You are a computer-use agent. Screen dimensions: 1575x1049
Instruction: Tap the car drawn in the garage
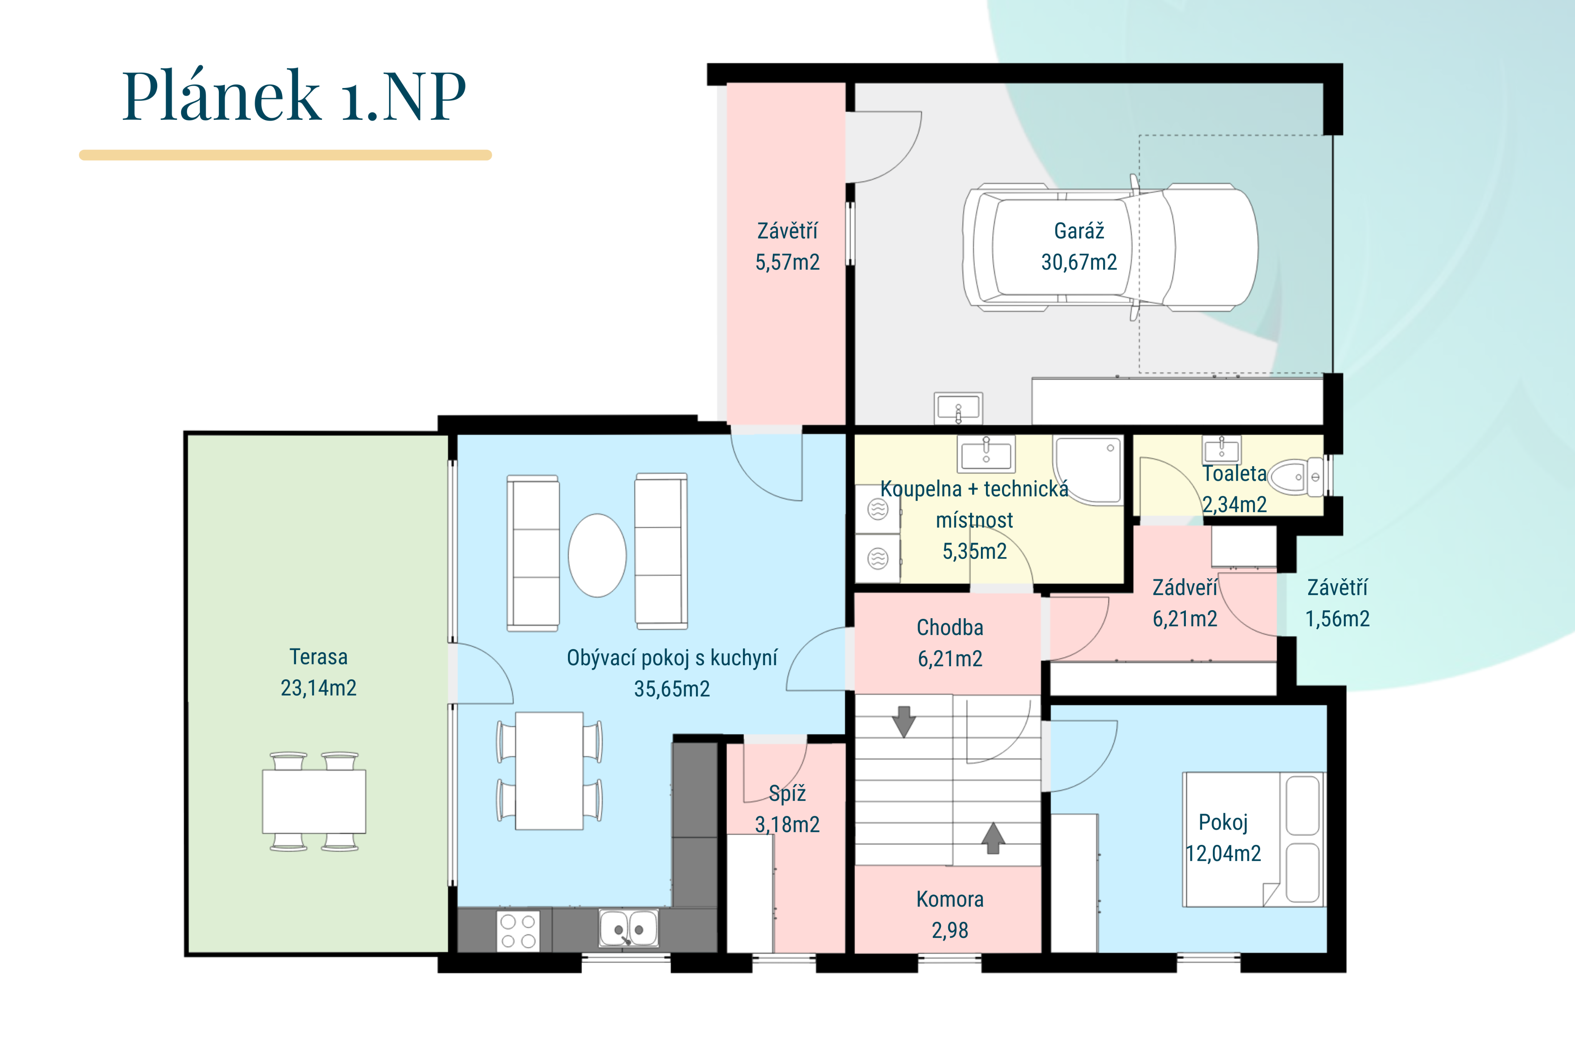point(1110,247)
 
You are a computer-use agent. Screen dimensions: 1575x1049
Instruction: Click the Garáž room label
point(1079,231)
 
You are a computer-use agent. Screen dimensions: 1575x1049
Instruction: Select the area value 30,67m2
point(1079,262)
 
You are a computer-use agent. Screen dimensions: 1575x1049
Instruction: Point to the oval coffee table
point(597,555)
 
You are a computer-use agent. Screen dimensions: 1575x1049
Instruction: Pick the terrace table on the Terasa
point(314,802)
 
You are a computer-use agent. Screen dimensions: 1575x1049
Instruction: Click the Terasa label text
point(319,657)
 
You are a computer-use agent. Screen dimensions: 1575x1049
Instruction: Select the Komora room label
point(950,899)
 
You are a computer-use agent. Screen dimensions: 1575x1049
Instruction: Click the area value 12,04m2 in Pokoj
point(1224,854)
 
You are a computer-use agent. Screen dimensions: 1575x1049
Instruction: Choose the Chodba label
point(950,627)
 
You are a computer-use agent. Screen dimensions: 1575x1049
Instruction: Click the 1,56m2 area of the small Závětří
point(1337,619)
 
